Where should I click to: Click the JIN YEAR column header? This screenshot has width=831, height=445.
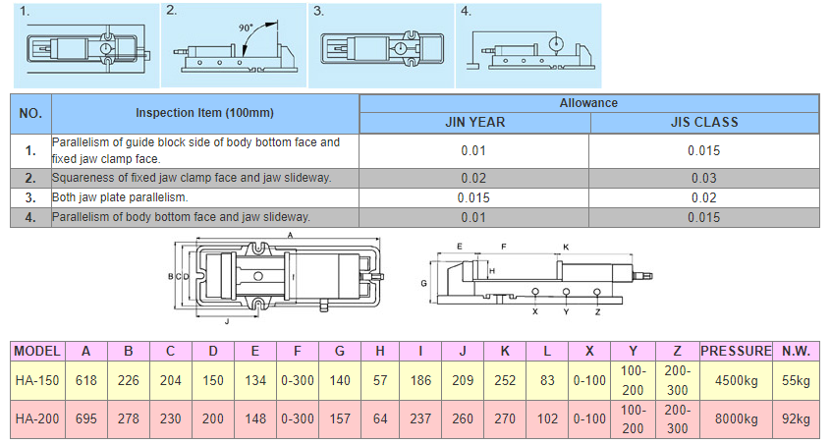coord(474,123)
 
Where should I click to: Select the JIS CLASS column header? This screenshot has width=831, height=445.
coord(703,123)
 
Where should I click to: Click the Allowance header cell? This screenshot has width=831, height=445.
coord(588,102)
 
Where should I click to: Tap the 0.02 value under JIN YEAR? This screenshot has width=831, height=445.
coord(474,178)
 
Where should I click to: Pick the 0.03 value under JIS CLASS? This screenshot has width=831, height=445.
coord(703,178)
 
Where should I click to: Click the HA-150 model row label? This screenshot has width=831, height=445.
coord(38,380)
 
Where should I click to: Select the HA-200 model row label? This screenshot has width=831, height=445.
coord(38,419)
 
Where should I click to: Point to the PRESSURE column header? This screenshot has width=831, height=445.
coord(736,350)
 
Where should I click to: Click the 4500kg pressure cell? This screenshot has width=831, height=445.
coord(736,380)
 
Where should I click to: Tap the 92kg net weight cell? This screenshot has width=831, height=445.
coord(796,419)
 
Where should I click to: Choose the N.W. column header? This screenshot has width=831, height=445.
coord(796,350)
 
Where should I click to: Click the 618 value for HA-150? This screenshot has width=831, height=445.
coord(86,380)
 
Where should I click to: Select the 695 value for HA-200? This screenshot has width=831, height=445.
coord(86,419)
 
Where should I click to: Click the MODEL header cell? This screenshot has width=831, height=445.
coord(38,350)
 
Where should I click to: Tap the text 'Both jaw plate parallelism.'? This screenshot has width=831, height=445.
coord(120,197)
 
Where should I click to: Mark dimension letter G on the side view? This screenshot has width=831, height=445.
coord(422,283)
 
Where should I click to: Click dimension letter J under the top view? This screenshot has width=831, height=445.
coord(227,320)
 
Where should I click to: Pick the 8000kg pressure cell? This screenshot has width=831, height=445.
coord(736,419)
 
